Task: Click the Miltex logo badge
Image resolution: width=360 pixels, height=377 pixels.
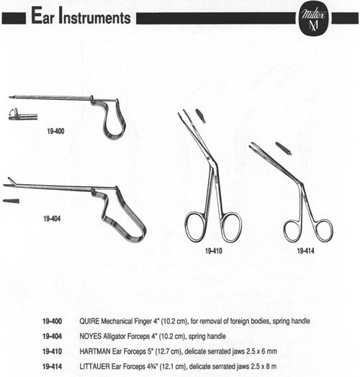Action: coord(313,19)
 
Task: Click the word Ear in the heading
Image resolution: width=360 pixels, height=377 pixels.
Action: coord(42,16)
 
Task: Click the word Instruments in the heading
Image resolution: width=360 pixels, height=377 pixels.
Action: coord(95,16)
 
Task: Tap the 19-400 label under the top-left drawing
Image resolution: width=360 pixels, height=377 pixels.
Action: coord(55,131)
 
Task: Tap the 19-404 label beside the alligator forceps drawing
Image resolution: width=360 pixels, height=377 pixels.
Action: coord(52,219)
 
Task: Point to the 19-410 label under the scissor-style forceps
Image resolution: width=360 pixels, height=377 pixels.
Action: coord(213,251)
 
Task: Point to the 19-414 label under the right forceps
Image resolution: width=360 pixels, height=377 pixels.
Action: coord(305,251)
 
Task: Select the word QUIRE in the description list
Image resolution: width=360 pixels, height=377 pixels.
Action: coord(89,321)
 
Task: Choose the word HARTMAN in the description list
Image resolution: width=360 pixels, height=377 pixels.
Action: coord(95,351)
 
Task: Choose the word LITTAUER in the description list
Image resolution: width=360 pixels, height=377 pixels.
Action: coord(94,366)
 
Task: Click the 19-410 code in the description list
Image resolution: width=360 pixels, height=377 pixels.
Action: coord(52,351)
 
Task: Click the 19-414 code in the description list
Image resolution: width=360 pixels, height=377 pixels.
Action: coord(52,366)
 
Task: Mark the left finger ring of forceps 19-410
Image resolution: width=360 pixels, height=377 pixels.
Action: coord(186,226)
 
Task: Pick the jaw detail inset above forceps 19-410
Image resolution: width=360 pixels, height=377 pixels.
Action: coord(201,116)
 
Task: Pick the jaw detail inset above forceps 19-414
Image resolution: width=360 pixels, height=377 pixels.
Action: coord(284,148)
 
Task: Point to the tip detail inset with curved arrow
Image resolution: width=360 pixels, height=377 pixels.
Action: coord(23,114)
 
